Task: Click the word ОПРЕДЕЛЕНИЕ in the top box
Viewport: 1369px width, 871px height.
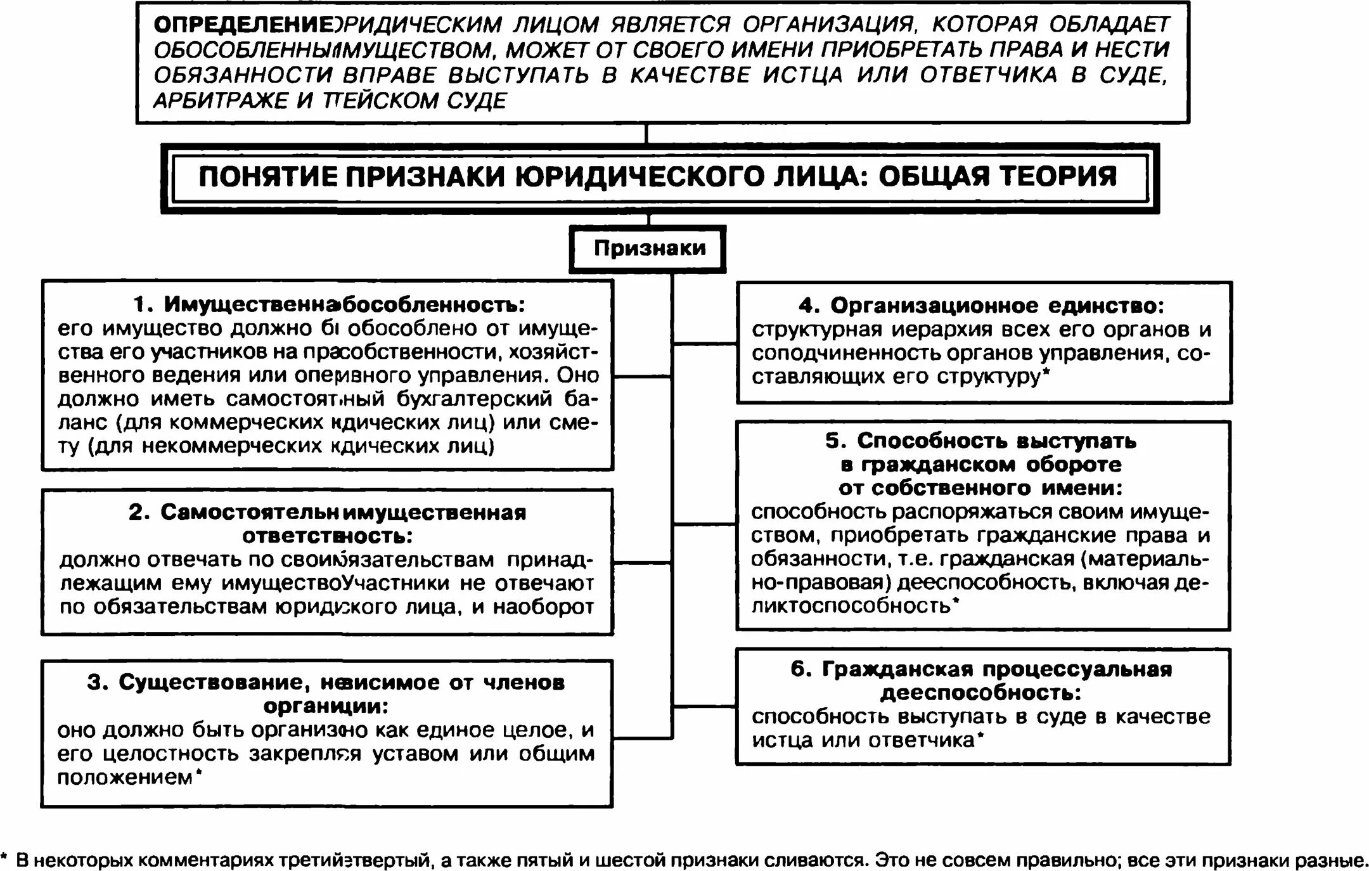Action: pyautogui.click(x=243, y=25)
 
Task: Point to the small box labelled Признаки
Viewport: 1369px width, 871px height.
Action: pyautogui.click(x=648, y=248)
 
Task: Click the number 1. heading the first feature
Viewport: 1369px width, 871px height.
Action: pyautogui.click(x=144, y=305)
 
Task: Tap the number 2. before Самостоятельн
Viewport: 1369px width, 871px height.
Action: pyautogui.click(x=139, y=512)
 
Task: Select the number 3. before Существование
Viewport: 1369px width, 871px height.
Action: pyautogui.click(x=98, y=683)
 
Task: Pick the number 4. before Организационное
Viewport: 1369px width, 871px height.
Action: pyautogui.click(x=809, y=306)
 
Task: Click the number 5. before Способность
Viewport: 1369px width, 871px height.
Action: pyautogui.click(x=835, y=441)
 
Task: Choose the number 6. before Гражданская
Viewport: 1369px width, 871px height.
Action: pyautogui.click(x=800, y=669)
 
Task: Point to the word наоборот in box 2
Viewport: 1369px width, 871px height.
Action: pyautogui.click(x=543, y=607)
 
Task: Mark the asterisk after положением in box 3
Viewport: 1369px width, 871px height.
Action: pyautogui.click(x=198, y=773)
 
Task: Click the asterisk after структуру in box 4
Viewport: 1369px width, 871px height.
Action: pyautogui.click(x=1046, y=373)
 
